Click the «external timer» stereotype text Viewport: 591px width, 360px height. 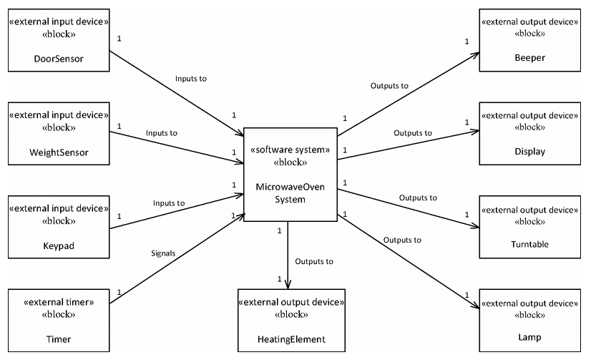[57, 301]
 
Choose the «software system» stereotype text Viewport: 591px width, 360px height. [289, 150]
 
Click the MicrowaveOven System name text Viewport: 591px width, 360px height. [289, 193]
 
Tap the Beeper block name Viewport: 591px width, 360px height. [529, 59]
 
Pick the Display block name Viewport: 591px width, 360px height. [529, 151]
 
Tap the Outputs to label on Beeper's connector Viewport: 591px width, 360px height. [389, 85]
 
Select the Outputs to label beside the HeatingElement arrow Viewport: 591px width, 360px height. [314, 261]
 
